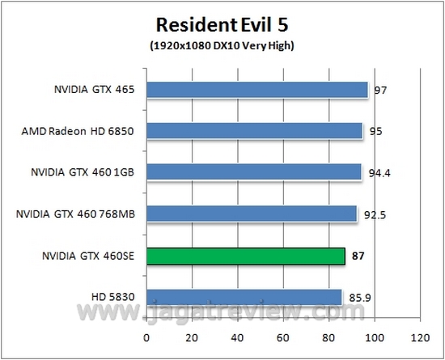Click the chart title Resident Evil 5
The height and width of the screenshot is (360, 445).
[x=222, y=25]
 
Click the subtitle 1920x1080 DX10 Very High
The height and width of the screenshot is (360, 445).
[x=222, y=45]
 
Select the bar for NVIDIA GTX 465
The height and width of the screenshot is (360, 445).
[x=256, y=89]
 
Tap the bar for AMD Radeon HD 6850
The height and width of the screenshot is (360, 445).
[x=254, y=130]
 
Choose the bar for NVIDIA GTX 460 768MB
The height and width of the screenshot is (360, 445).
[x=252, y=214]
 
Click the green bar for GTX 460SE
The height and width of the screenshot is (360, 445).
[x=245, y=256]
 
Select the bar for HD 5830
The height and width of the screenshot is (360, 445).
[x=244, y=297]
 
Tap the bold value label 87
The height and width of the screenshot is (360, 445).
[x=358, y=256]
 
